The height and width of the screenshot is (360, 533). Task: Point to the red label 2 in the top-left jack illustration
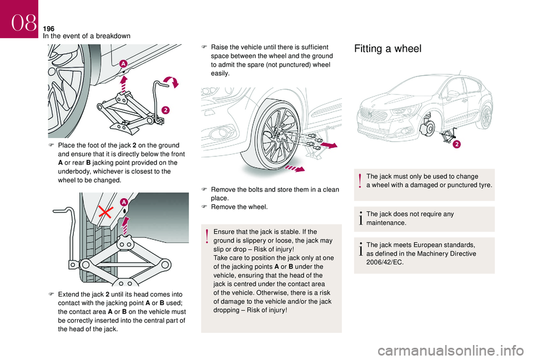[165, 111]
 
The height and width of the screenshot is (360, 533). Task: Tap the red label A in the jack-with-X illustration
[123, 201]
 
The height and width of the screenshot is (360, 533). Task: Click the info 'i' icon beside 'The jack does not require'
[361, 219]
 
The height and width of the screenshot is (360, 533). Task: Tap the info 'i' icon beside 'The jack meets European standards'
[361, 249]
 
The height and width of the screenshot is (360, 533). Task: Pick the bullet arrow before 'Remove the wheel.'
[204, 207]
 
